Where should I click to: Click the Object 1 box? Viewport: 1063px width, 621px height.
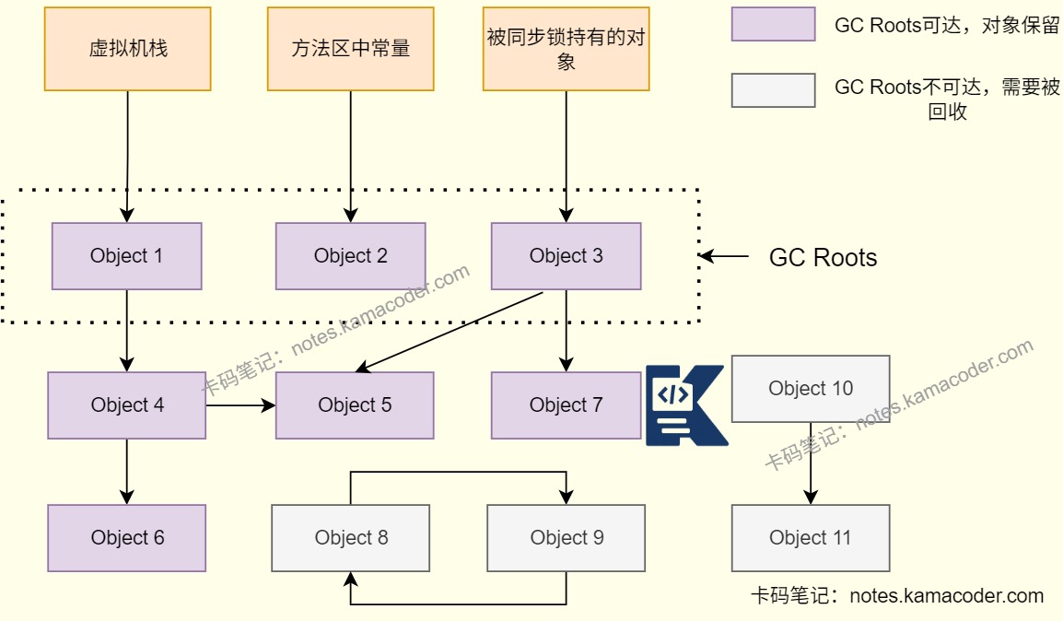(x=126, y=256)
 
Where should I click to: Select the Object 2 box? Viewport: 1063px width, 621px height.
(x=350, y=256)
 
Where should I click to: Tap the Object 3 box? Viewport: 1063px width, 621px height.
(x=566, y=256)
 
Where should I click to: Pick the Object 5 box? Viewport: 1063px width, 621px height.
(x=355, y=405)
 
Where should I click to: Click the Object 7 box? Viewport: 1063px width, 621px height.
(x=566, y=405)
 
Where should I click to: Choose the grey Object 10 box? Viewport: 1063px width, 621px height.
(x=811, y=389)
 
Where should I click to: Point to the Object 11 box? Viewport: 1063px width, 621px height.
(x=811, y=537)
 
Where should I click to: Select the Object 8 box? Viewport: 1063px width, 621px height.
(x=351, y=537)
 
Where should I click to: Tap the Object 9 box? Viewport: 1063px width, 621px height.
(x=566, y=537)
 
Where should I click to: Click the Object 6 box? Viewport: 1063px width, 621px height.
(x=127, y=537)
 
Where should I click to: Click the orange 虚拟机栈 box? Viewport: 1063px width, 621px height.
(x=128, y=49)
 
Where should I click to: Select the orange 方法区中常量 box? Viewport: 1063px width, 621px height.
(x=350, y=49)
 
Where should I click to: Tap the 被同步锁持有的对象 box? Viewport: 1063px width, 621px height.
(x=566, y=49)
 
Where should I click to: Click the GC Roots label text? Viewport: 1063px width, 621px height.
(x=823, y=257)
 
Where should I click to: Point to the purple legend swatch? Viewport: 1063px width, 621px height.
(x=773, y=25)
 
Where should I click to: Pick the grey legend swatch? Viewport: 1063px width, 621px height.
(x=773, y=90)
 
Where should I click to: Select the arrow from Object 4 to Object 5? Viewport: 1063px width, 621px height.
(x=240, y=405)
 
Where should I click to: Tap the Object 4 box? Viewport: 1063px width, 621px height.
(x=127, y=405)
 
